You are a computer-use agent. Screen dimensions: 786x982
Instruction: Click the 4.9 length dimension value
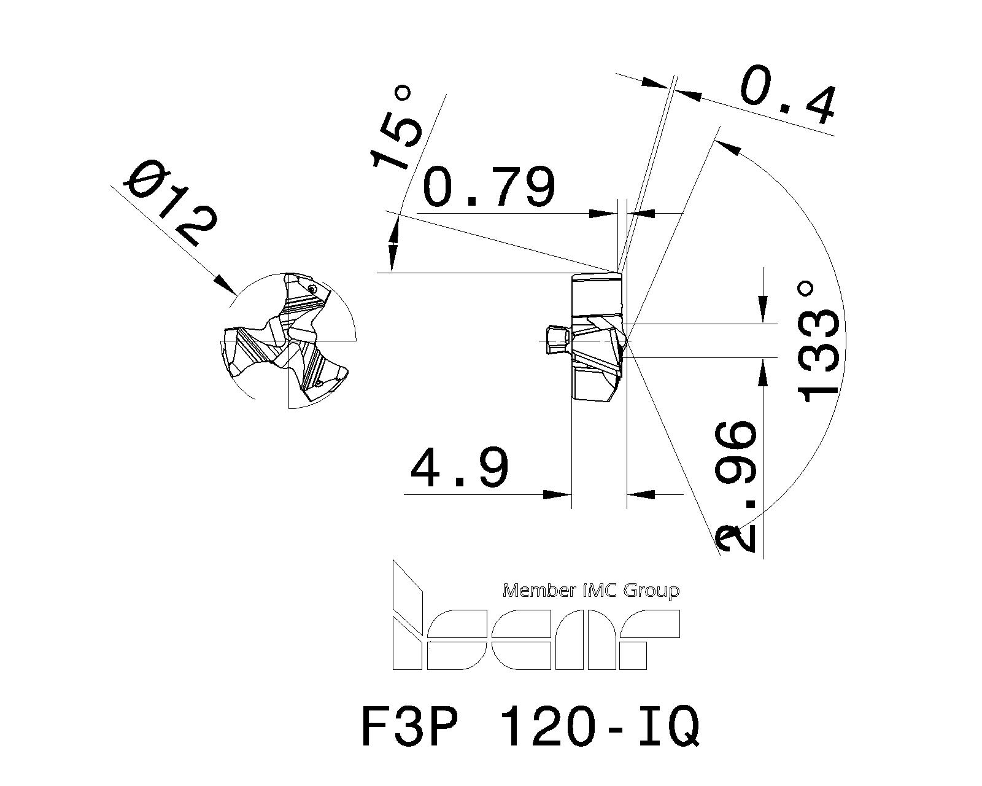pos(459,467)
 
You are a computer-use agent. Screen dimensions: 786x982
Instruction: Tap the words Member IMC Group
pos(591,591)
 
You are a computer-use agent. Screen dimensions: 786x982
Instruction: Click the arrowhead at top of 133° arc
pos(727,145)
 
